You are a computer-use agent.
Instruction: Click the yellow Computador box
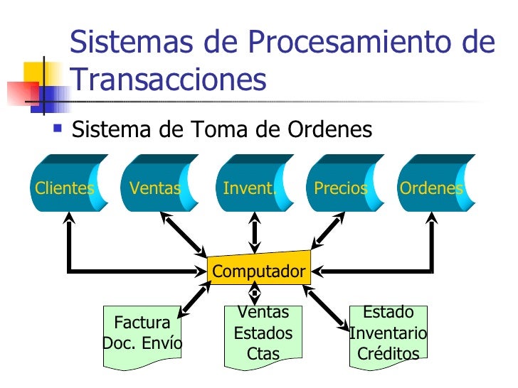259,271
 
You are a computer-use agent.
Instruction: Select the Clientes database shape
65,188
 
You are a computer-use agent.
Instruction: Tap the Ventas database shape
154,188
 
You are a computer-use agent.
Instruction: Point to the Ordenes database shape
432,188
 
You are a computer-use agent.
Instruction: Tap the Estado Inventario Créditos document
388,333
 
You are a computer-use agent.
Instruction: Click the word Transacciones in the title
169,80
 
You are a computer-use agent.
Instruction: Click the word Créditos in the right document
388,353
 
